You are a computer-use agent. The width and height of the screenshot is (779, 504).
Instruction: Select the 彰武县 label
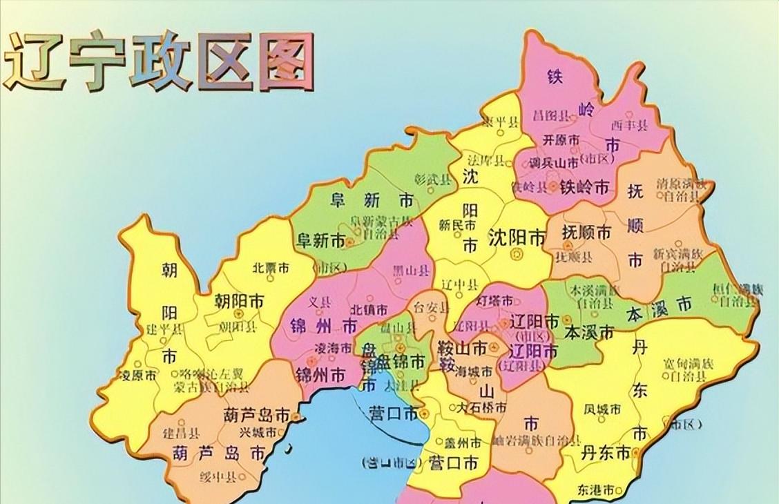pos(432,180)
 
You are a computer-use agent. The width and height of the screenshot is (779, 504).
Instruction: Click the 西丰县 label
pos(629,126)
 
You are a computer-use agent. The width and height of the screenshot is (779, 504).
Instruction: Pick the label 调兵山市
pos(553,163)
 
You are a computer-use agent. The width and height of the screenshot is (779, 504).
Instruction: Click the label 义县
pos(320,301)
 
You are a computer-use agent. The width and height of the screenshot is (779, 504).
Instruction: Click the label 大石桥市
pos(483,408)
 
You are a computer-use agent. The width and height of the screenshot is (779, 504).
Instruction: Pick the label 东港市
pos(596,489)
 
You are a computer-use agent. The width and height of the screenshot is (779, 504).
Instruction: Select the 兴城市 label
pos(258,432)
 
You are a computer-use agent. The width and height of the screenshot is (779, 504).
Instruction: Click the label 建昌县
pos(181,434)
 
